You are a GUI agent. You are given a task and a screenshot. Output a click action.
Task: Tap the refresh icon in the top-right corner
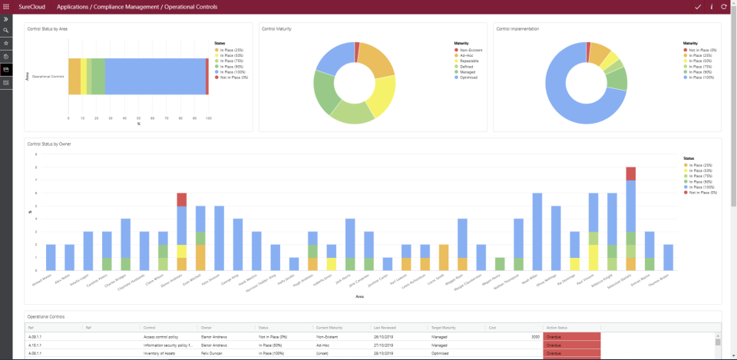[x=724, y=6]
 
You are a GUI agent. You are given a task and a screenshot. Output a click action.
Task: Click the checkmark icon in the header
[x=698, y=6]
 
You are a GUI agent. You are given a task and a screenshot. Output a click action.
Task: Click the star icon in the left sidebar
[x=6, y=44]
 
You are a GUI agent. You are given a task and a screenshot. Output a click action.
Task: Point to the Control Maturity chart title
[x=276, y=28]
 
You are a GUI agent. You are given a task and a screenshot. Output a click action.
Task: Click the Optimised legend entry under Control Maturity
[x=466, y=78]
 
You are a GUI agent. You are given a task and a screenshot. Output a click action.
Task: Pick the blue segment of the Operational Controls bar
[x=154, y=76]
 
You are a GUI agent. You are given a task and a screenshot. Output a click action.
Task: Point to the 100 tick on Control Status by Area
[x=208, y=118]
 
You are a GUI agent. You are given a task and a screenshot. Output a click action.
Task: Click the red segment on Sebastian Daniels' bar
[x=630, y=173]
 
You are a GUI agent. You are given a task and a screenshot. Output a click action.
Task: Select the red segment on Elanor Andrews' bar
[x=181, y=200]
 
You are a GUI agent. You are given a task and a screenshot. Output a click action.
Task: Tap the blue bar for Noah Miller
[x=537, y=230]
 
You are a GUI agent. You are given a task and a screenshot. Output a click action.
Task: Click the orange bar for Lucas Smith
[x=444, y=257]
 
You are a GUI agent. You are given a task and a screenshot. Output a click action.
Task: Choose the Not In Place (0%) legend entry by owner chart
[x=699, y=193]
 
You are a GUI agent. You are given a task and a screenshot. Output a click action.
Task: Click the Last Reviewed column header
[x=384, y=327]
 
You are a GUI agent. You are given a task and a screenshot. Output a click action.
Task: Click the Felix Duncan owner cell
[x=214, y=353]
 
